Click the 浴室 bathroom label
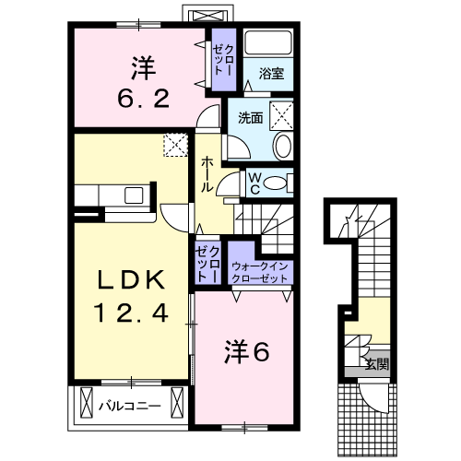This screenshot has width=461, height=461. click(x=271, y=74)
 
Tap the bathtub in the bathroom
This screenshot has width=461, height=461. click(x=268, y=42)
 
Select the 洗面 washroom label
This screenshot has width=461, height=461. click(x=251, y=118)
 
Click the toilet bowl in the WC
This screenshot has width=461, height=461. click(x=275, y=183)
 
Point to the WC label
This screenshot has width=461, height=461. click(x=254, y=183)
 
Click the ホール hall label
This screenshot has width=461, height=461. click(x=207, y=174)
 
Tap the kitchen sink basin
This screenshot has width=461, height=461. click(x=134, y=195)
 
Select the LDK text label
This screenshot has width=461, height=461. click(x=131, y=279)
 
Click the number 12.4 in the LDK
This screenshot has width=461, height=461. click(x=132, y=313)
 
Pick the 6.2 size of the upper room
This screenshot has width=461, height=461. click(x=143, y=99)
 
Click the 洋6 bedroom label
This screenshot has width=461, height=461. click(x=247, y=351)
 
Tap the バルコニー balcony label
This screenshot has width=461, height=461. click(x=130, y=407)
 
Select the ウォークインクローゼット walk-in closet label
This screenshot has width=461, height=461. click(x=260, y=272)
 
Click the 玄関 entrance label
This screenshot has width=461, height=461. click(x=377, y=364)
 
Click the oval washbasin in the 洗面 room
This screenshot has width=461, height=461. click(x=283, y=147)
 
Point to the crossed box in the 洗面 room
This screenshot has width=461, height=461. click(x=281, y=115)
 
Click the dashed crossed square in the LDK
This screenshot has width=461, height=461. click(x=175, y=145)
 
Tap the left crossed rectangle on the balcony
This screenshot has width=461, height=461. click(x=87, y=402)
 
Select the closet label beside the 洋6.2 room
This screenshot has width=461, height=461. click(x=224, y=60)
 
